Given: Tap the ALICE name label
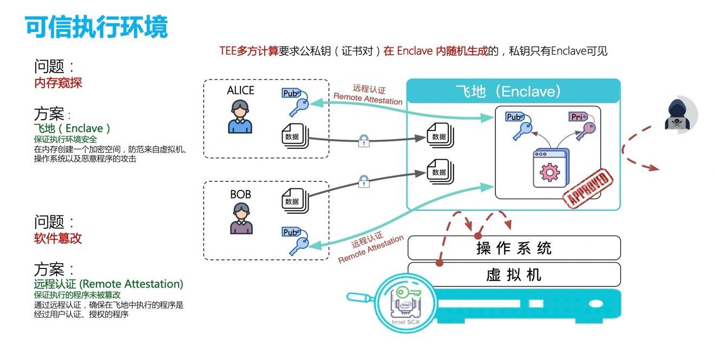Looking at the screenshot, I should coord(240,90).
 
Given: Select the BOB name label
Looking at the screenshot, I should coord(240,194).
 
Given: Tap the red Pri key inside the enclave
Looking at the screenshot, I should coord(581,125).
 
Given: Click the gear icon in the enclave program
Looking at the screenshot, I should coord(549,172).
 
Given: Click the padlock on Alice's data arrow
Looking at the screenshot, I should coord(364,142).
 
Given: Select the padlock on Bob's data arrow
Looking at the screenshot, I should coord(364,181).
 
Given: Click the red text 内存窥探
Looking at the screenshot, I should coord(58,83).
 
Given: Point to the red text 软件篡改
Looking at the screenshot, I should coord(58,238).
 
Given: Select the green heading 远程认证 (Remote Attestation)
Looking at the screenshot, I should coord(108,284).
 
